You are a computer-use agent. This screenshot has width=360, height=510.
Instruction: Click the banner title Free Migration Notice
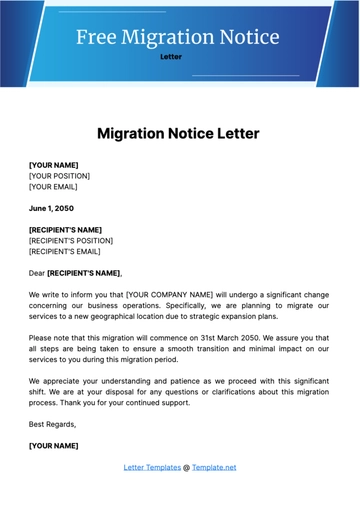[x=179, y=37]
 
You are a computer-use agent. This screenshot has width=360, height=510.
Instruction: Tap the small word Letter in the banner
[x=171, y=57]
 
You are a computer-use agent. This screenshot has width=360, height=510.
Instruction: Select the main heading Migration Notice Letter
[x=179, y=133]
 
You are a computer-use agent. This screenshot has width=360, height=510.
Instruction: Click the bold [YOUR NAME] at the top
[x=54, y=165]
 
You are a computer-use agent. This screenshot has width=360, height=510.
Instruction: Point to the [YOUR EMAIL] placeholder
[x=53, y=187]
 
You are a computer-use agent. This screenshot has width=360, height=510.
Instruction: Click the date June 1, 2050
[x=51, y=209]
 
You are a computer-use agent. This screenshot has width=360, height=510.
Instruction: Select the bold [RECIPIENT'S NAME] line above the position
[x=66, y=230]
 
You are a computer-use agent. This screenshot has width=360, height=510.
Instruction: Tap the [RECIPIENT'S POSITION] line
[x=71, y=241]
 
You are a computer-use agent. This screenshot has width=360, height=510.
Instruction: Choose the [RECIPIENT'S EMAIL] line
[x=65, y=252]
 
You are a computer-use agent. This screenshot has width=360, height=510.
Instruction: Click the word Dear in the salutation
[x=37, y=273]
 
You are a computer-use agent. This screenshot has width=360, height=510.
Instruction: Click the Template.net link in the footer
[x=214, y=467]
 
